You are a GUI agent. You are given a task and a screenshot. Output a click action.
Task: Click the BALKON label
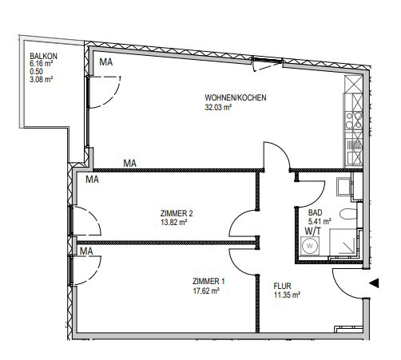(x=43, y=56)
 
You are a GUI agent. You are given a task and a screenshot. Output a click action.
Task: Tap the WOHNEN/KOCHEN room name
(x=236, y=97)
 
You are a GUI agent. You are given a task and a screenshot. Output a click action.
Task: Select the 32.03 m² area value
(x=218, y=107)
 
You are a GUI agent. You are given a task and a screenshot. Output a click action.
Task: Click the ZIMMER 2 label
(x=177, y=213)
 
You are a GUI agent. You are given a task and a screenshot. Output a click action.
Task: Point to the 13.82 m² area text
(x=174, y=222)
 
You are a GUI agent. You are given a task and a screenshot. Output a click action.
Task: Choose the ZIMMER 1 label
(x=208, y=281)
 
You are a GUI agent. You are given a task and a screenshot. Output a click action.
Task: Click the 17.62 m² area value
(x=206, y=291)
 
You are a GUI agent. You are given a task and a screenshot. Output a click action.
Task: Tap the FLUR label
(x=283, y=286)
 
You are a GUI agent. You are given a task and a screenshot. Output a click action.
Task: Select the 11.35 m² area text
(x=287, y=295)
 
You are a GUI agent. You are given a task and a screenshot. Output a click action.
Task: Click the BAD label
(x=316, y=212)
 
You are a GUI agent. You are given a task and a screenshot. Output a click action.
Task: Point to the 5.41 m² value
(x=320, y=221)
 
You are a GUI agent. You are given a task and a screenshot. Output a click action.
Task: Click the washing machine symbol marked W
(x=310, y=246)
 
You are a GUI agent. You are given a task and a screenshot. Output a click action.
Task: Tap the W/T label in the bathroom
(x=313, y=231)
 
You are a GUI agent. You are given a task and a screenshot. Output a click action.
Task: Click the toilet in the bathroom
(x=348, y=214)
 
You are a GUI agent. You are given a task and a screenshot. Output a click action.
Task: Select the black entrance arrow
(x=374, y=283)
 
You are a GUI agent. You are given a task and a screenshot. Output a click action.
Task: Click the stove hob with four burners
(x=354, y=121)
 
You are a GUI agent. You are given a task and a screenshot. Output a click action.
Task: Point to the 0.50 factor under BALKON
(x=37, y=71)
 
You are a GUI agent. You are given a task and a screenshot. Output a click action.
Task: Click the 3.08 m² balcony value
(x=42, y=79)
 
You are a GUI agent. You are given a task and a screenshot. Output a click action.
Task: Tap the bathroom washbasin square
(x=343, y=187)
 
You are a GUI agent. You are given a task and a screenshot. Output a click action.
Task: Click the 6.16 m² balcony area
(x=42, y=64)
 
